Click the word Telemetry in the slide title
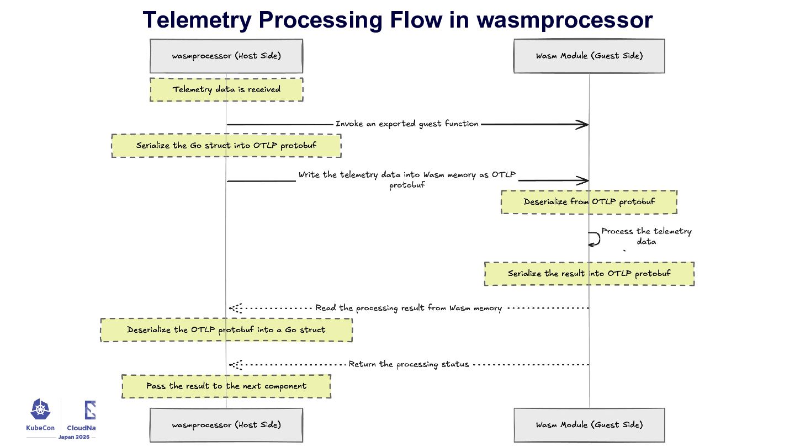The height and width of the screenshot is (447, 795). (197, 20)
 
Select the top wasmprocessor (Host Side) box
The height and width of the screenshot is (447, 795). (226, 56)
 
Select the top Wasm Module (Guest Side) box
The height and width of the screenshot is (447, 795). (589, 56)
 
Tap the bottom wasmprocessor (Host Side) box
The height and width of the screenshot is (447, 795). (226, 425)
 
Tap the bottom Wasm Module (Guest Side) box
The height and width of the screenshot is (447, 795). (589, 425)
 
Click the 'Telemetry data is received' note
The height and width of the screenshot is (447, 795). (226, 90)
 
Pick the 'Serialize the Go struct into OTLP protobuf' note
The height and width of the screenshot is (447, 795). (226, 146)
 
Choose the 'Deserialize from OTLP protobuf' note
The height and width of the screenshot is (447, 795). (589, 202)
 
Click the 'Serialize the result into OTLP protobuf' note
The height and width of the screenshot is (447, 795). (589, 274)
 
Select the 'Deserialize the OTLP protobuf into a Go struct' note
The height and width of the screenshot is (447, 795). (226, 330)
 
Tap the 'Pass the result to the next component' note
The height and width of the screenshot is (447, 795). (226, 386)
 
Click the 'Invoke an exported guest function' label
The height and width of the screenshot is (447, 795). (407, 124)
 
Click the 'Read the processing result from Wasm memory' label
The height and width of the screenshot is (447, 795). (409, 308)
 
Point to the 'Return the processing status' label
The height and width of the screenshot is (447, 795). (409, 364)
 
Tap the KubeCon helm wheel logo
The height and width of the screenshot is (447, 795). (40, 409)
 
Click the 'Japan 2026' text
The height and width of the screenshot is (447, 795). (74, 437)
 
